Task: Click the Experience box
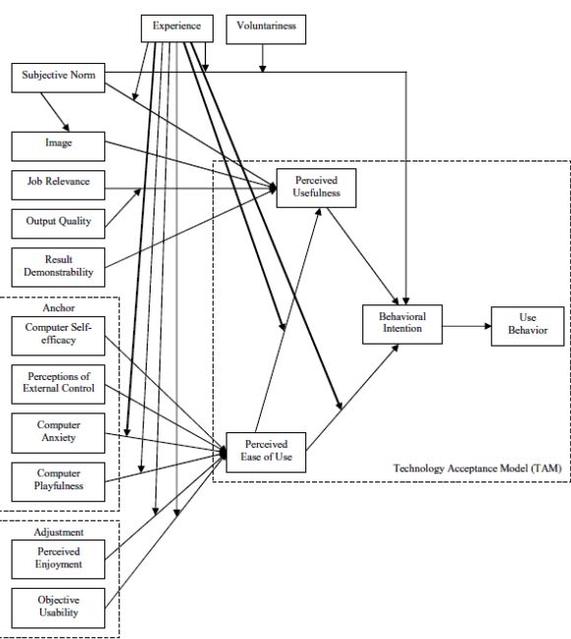(177, 29)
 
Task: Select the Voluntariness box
(266, 30)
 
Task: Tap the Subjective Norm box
(58, 78)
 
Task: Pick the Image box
(58, 147)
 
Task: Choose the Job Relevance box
(58, 185)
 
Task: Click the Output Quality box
(58, 224)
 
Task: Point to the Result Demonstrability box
(58, 268)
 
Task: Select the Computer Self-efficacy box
(58, 336)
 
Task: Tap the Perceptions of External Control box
(58, 384)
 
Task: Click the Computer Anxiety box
(58, 433)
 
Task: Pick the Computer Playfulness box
(58, 481)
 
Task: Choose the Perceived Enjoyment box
(58, 559)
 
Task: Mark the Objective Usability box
(58, 608)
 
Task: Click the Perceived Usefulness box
(316, 188)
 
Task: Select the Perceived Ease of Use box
(266, 452)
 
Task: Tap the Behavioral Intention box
(403, 324)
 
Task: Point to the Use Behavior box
(528, 327)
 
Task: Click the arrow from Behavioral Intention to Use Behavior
(467, 326)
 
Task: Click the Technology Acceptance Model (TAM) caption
(477, 468)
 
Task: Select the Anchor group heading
(59, 307)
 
